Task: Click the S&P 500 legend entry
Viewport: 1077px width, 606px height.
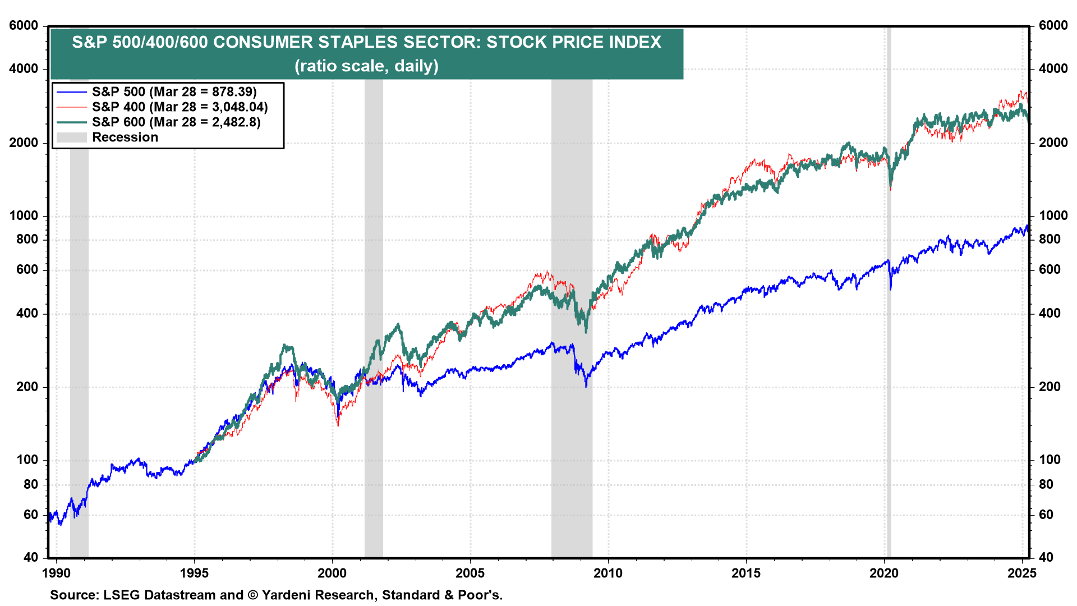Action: pos(174,92)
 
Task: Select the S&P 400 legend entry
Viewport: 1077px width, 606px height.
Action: pos(179,107)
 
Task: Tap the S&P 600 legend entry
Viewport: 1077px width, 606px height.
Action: pos(176,122)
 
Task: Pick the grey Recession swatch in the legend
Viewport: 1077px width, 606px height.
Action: pos(71,137)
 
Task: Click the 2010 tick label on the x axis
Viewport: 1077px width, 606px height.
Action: pos(608,573)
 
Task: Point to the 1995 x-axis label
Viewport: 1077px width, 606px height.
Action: pos(194,573)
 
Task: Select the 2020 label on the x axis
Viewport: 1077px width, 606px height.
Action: pos(884,573)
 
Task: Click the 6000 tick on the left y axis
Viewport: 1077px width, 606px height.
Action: pos(24,26)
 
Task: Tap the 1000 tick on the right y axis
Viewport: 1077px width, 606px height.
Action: pos(1053,216)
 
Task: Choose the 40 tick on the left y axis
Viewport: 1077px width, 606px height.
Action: pos(31,557)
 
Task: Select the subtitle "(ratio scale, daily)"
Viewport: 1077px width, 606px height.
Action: pos(366,66)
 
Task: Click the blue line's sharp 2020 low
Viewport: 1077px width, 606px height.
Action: pos(890,289)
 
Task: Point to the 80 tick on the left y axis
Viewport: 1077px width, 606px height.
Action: pos(31,485)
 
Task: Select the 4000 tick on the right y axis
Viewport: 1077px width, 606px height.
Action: pos(1053,69)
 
